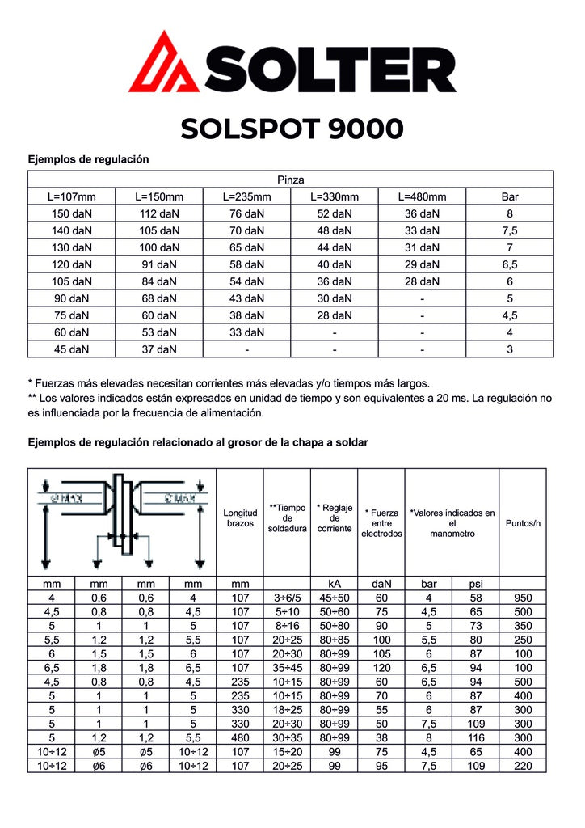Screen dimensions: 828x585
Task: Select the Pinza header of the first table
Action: click(290, 180)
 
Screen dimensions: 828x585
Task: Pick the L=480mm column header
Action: click(422, 196)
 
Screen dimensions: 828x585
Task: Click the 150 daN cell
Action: click(71, 213)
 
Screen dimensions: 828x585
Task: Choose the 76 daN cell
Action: click(246, 213)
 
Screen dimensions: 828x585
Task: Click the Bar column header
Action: click(509, 196)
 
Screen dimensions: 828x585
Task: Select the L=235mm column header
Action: click(246, 196)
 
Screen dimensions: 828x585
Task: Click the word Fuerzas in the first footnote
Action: click(59, 382)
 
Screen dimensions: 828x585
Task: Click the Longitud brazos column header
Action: click(240, 518)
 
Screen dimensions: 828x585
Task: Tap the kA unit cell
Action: click(335, 583)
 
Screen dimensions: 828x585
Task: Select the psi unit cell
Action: click(475, 583)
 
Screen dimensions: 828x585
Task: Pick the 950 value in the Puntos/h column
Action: click(522, 597)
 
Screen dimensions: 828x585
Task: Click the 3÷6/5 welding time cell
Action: click(287, 597)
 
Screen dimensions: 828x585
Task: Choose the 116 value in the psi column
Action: click(475, 738)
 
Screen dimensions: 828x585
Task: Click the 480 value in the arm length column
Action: click(240, 738)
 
